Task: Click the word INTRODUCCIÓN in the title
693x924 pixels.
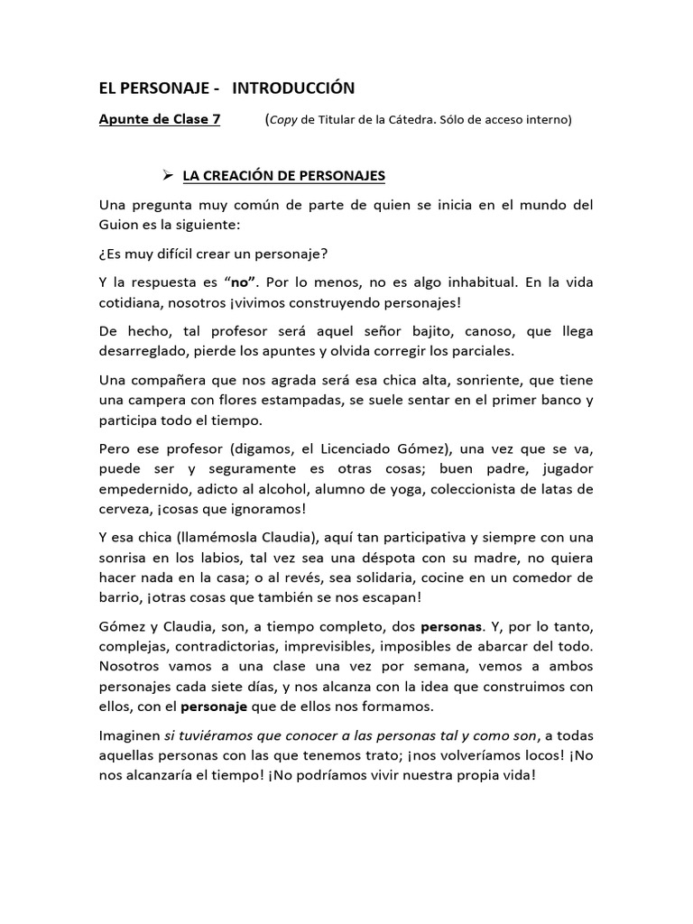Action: (x=293, y=88)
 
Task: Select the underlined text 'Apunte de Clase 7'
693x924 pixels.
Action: (x=159, y=119)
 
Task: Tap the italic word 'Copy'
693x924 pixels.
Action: (x=286, y=119)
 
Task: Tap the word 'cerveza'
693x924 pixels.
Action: (x=125, y=508)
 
